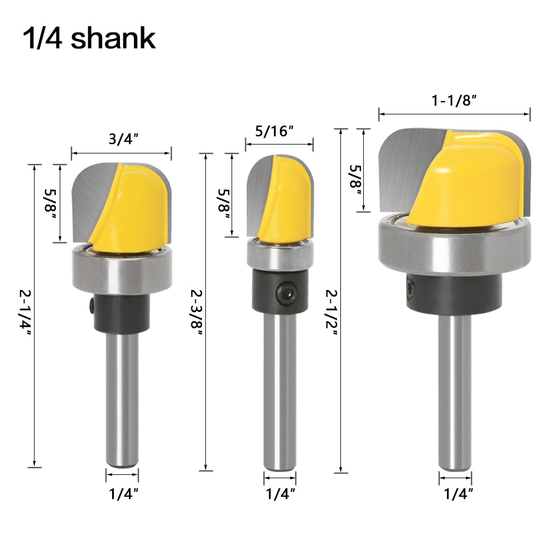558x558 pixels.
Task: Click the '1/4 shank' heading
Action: tap(89, 38)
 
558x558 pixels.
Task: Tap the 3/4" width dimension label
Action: tap(123, 138)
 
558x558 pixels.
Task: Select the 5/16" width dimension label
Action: tap(274, 131)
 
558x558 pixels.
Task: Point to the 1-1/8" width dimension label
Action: tap(454, 100)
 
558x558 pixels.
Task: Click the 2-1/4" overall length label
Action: tap(25, 312)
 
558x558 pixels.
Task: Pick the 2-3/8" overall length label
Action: tap(197, 312)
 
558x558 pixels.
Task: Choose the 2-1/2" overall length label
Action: tap(331, 312)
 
